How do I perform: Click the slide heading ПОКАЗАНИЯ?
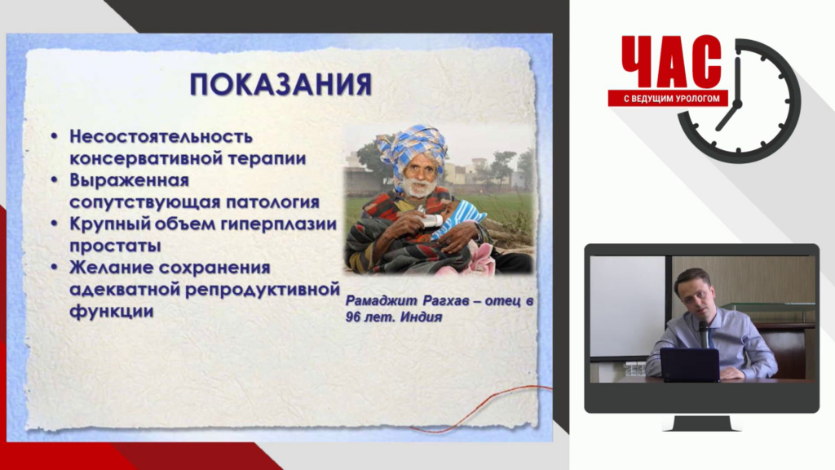tap(281, 85)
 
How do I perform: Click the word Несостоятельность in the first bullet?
tap(161, 136)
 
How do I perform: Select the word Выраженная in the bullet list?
tap(130, 180)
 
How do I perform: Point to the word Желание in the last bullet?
tap(108, 267)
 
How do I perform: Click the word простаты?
tap(115, 246)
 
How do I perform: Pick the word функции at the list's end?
tap(111, 312)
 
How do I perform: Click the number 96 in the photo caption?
tap(352, 317)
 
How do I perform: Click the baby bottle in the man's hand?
tap(431, 220)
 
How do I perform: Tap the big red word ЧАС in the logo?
tap(671, 61)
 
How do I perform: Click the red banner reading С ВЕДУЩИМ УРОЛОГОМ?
tap(668, 99)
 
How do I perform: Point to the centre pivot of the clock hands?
tap(737, 102)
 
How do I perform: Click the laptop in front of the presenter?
tap(690, 365)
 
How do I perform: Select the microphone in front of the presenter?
tap(703, 333)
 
